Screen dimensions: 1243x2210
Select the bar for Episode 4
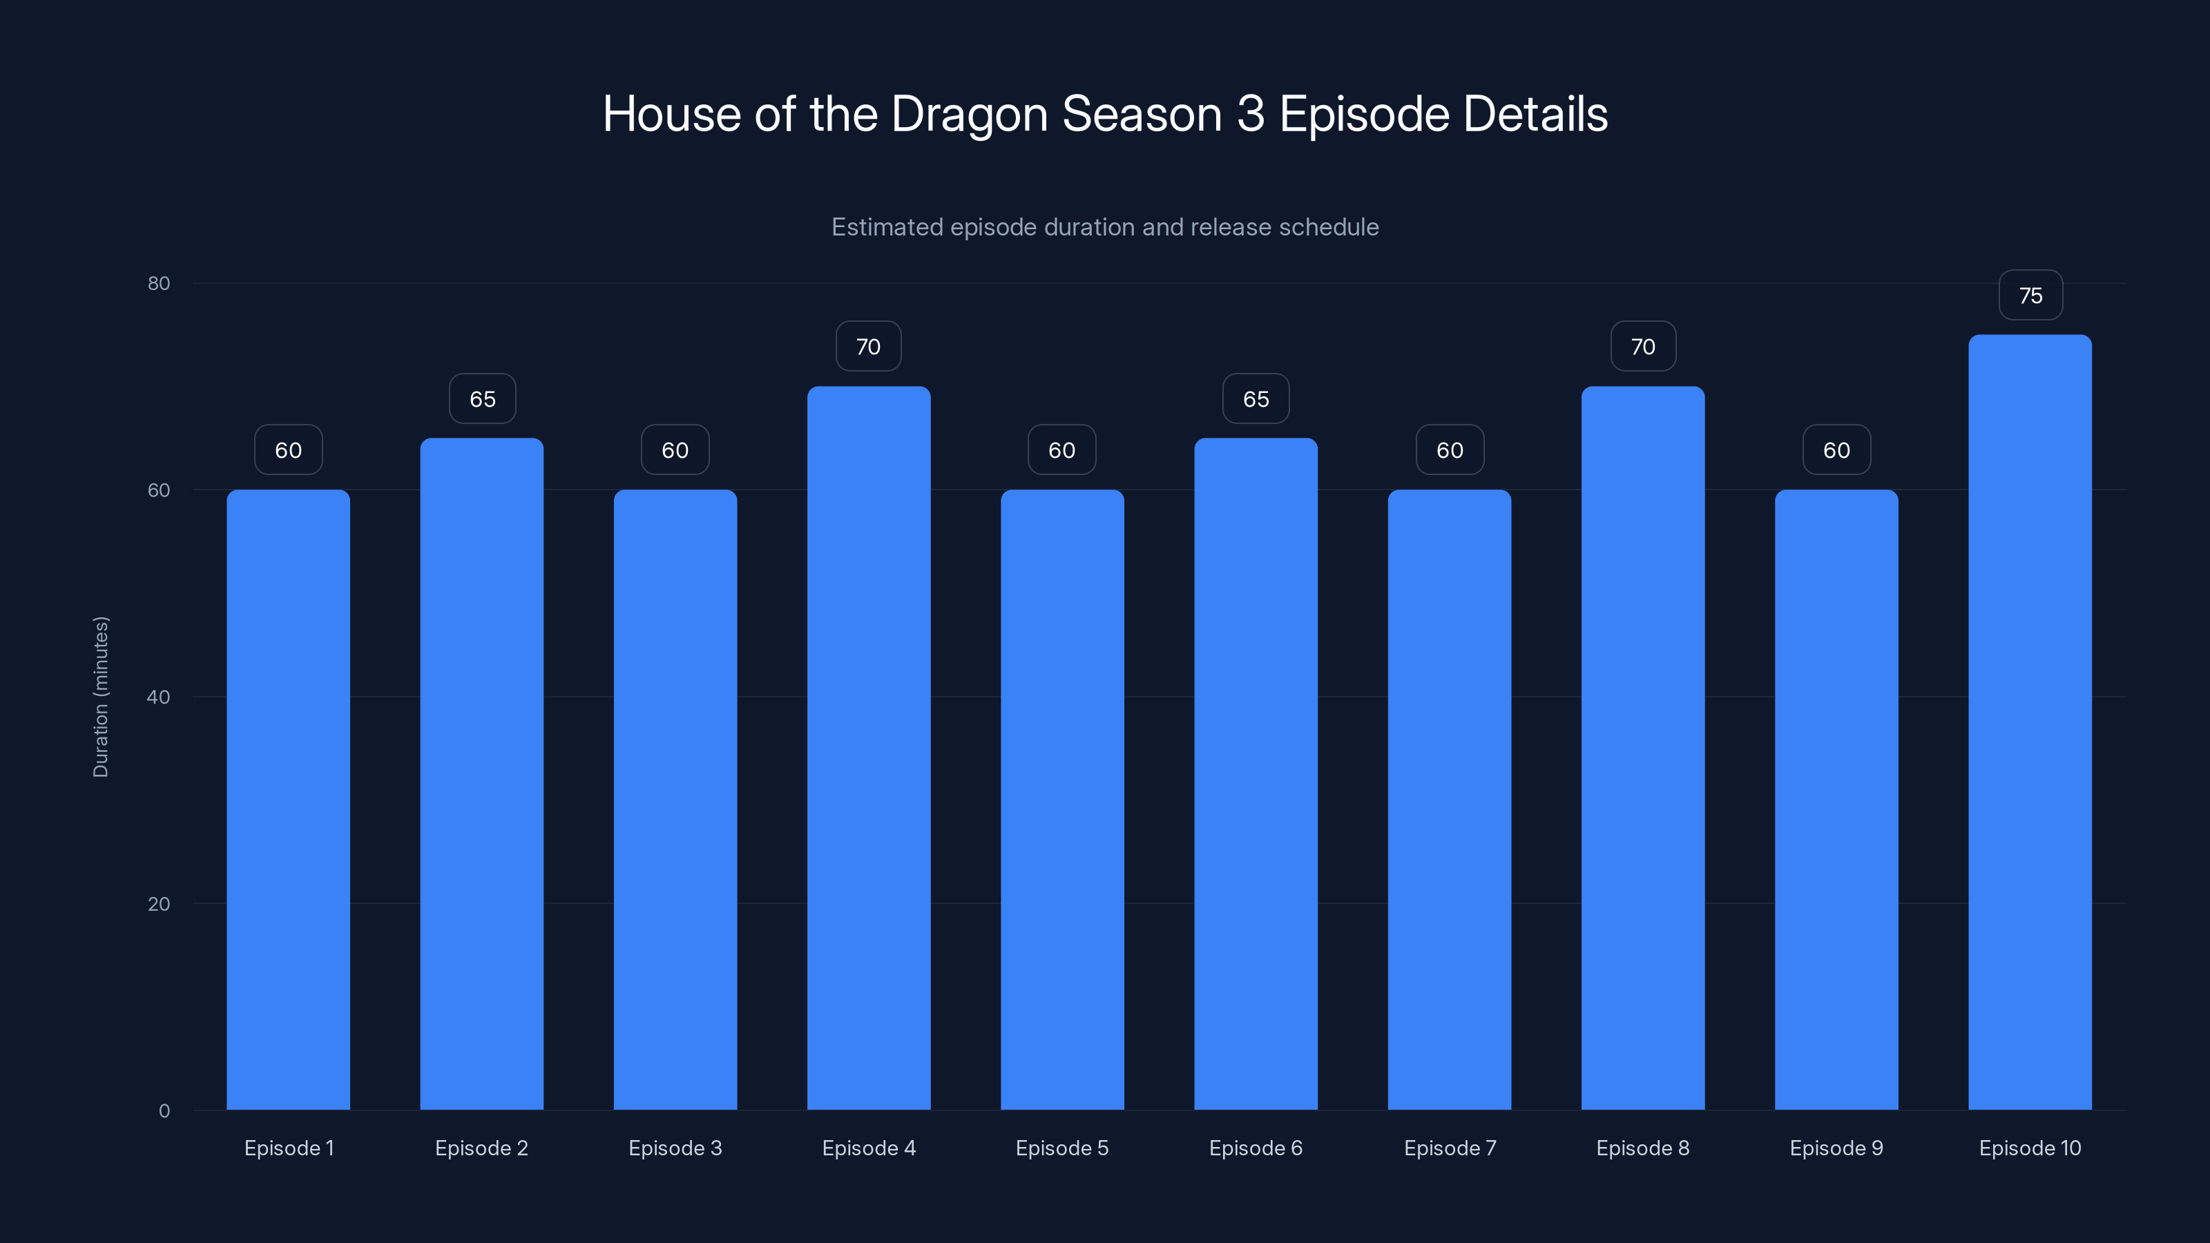pos(868,747)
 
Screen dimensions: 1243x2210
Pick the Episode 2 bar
pos(481,773)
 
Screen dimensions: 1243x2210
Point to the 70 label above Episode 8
pos(1643,347)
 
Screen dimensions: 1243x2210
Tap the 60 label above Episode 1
pos(288,450)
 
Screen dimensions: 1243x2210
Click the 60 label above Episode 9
pos(1836,450)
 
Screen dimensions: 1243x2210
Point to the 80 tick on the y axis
pos(159,283)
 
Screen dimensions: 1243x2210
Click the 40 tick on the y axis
pos(159,697)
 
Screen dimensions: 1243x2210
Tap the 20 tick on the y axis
pos(159,903)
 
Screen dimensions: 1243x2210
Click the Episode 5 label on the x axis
pos(1062,1148)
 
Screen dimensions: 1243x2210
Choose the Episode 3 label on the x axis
pos(675,1148)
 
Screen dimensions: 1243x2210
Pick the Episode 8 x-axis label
pos(1643,1148)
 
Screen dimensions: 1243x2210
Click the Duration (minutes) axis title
pos(100,697)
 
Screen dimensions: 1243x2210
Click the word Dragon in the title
pos(970,115)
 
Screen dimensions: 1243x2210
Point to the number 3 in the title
pos(1251,115)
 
